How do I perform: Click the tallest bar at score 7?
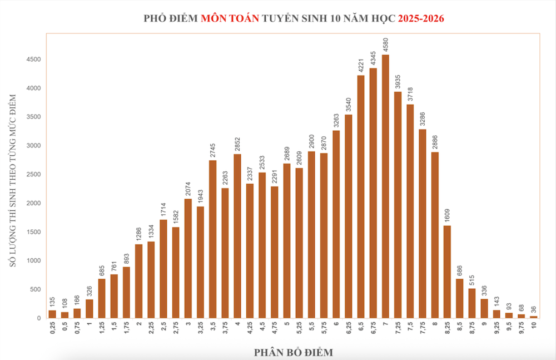385,186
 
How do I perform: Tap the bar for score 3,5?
213,239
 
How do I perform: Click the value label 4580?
386,44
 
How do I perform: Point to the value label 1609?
448,215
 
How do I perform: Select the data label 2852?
237,144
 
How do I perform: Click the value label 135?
52,302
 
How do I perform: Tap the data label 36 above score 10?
534,309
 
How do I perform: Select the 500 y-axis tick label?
35,289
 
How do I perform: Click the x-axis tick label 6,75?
373,330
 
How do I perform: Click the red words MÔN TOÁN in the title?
230,18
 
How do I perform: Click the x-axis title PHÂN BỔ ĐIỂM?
294,352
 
